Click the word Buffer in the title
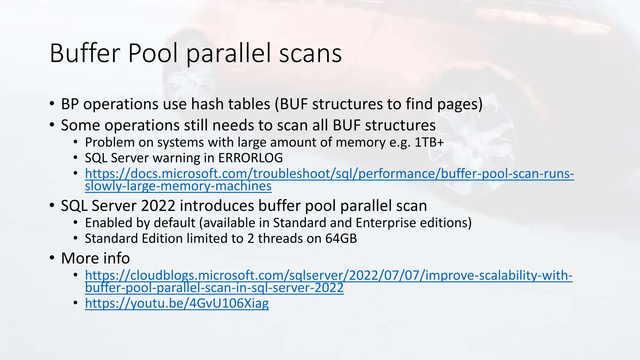coord(84,53)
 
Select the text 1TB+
coord(429,142)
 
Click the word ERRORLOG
coord(250,158)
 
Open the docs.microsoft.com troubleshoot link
coord(329,174)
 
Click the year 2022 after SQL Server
coord(158,206)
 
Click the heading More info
coord(95,258)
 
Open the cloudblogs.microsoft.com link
coord(328,276)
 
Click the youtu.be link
coord(177,303)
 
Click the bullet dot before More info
coord(52,258)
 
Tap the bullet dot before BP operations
coord(52,104)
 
